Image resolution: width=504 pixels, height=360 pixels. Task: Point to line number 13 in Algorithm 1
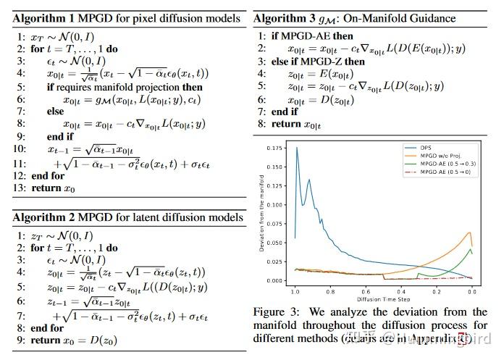pyautogui.click(x=19, y=188)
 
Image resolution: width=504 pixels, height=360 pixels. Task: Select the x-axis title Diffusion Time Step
pyautogui.click(x=383, y=299)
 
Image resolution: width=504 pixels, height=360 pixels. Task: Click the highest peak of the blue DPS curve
pyautogui.click(x=297, y=148)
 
